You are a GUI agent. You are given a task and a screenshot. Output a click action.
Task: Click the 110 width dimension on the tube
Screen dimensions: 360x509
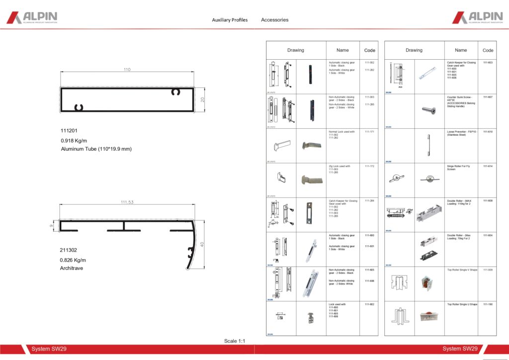(x=127, y=70)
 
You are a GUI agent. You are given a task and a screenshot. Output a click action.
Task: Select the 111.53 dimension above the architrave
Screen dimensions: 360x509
(x=128, y=202)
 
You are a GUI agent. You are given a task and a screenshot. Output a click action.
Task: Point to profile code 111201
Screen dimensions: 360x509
(x=69, y=131)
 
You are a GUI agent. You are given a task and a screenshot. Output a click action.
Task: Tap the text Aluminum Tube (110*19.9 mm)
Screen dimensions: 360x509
(x=96, y=149)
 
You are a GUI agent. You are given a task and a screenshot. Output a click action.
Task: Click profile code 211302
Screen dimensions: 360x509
(x=69, y=250)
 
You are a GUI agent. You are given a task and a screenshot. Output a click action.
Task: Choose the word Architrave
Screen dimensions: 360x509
(x=72, y=268)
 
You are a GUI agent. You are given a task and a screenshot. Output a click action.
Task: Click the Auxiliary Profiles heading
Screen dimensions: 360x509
(x=230, y=20)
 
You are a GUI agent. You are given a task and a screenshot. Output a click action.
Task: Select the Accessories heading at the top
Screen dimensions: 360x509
(x=274, y=20)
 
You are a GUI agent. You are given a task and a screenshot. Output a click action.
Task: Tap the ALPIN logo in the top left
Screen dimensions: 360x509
(x=32, y=18)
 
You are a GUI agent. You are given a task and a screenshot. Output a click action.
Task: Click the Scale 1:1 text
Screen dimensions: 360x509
(x=235, y=341)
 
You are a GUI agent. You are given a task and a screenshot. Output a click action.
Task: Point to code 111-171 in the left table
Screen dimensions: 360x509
(x=369, y=132)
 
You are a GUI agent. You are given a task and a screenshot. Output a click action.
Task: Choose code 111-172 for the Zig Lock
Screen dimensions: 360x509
(x=369, y=166)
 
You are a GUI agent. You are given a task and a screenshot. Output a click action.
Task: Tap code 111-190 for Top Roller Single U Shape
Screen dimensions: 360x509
(x=488, y=304)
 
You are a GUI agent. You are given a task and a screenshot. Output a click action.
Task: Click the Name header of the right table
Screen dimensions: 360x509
(x=461, y=50)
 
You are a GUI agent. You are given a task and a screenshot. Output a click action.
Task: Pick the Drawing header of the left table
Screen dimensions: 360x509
(x=296, y=50)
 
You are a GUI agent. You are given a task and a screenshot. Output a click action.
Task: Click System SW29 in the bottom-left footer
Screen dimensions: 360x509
(x=49, y=349)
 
